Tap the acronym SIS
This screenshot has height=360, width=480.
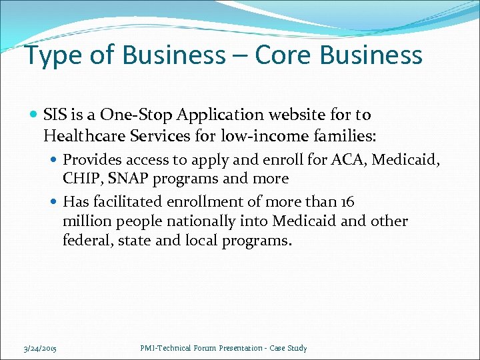pyautogui.click(x=57, y=115)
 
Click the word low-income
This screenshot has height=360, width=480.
pyautogui.click(x=274, y=137)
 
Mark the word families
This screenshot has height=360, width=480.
pyautogui.click(x=348, y=137)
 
